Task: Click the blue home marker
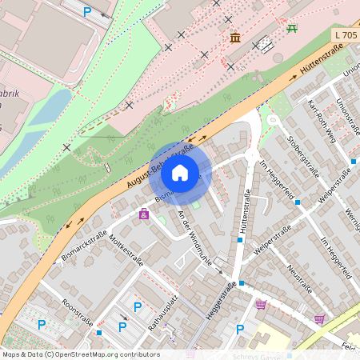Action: pos(180,173)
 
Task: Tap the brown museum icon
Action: pos(235,38)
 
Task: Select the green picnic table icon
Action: pos(292,28)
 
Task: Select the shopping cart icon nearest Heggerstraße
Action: pos(260,304)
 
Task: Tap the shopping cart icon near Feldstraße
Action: pos(319,318)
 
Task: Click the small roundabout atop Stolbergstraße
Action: pos(271,120)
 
